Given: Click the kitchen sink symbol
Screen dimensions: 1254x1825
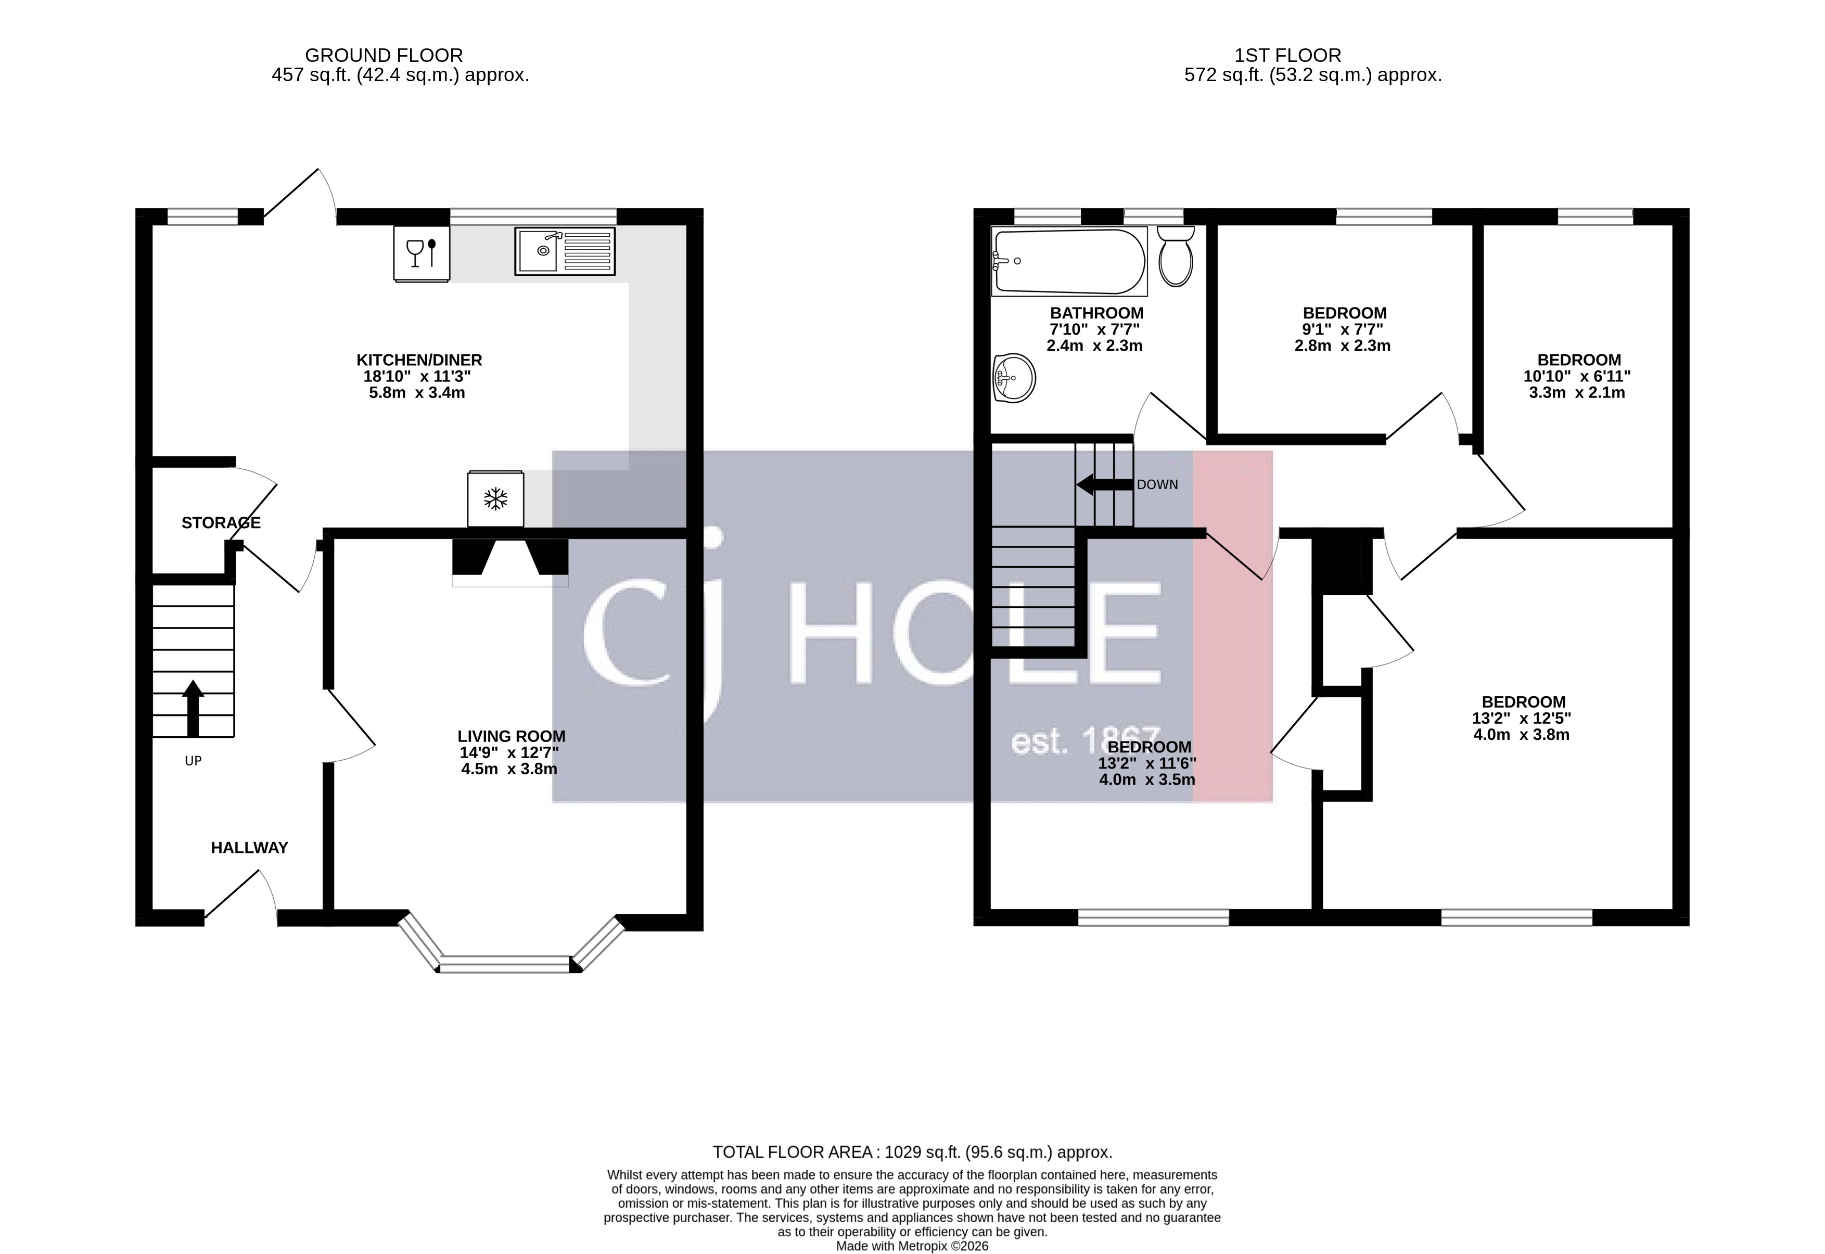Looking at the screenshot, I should [x=565, y=251].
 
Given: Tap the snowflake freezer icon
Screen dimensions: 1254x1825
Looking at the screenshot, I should [x=495, y=499].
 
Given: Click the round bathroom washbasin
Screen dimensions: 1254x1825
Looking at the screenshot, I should [x=1014, y=378].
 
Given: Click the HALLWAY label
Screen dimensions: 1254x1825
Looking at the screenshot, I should [x=249, y=848].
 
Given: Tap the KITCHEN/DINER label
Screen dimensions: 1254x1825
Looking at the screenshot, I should [x=419, y=360].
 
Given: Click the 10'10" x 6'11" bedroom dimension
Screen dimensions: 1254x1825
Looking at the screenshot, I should [x=1577, y=376].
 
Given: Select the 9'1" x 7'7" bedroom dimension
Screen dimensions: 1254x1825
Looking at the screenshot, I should [x=1343, y=329].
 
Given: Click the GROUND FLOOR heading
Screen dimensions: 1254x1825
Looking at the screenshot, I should [x=384, y=56].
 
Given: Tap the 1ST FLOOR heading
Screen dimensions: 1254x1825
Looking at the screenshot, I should [x=1287, y=56].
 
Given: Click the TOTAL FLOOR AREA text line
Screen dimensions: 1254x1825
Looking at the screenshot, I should [x=912, y=1152].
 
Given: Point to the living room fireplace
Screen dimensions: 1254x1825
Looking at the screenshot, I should [x=510, y=561].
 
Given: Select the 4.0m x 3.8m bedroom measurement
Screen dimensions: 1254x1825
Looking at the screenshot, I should [x=1521, y=735].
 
